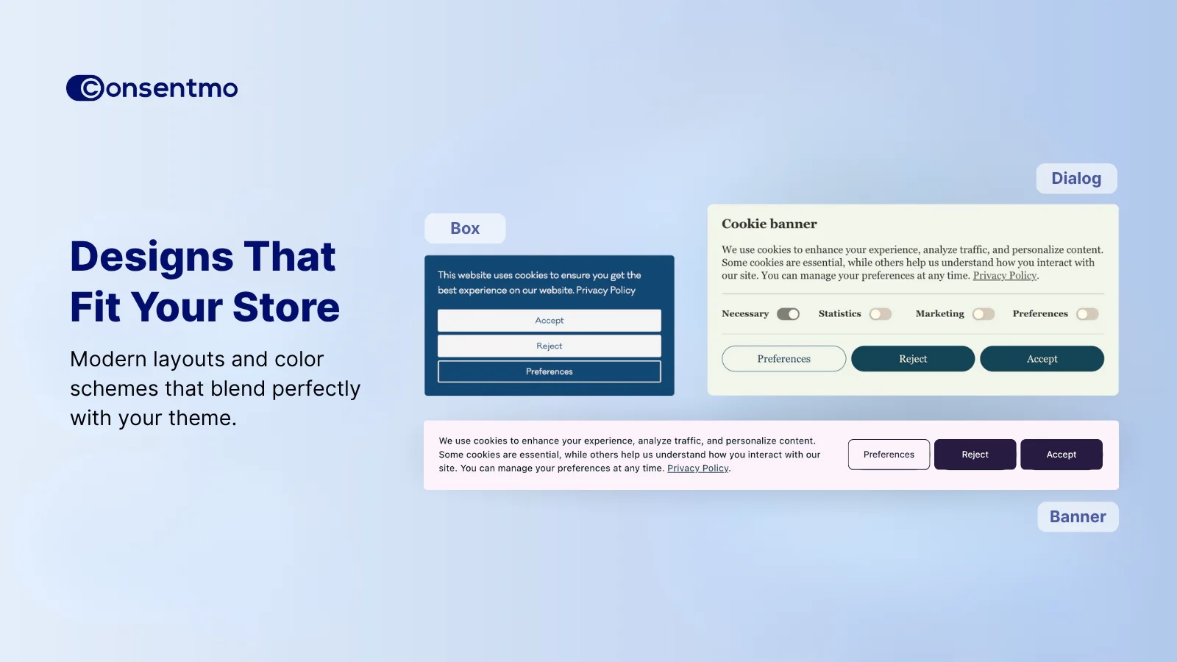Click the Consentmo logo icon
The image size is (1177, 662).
pos(85,88)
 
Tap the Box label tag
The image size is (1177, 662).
pos(465,229)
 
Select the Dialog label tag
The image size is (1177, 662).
pos(1076,179)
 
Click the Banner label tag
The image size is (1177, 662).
pos(1078,517)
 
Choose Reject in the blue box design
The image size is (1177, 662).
pos(549,346)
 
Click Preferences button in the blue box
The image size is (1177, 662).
pos(549,371)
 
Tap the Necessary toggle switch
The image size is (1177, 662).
pos(788,314)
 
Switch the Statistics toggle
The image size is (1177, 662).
pos(881,314)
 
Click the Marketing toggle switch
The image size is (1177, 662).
pos(984,314)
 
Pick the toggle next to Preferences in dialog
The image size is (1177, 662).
pos(1087,314)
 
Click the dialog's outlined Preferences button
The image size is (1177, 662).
pos(783,359)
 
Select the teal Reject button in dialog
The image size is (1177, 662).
pos(913,359)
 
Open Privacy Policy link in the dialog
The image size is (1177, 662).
pos(1005,276)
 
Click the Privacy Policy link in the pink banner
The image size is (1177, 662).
pos(698,468)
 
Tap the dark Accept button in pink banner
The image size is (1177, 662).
pos(1062,455)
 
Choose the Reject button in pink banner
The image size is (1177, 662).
pos(975,455)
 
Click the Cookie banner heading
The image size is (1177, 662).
pos(769,224)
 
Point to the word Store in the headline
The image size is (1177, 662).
pos(286,307)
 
